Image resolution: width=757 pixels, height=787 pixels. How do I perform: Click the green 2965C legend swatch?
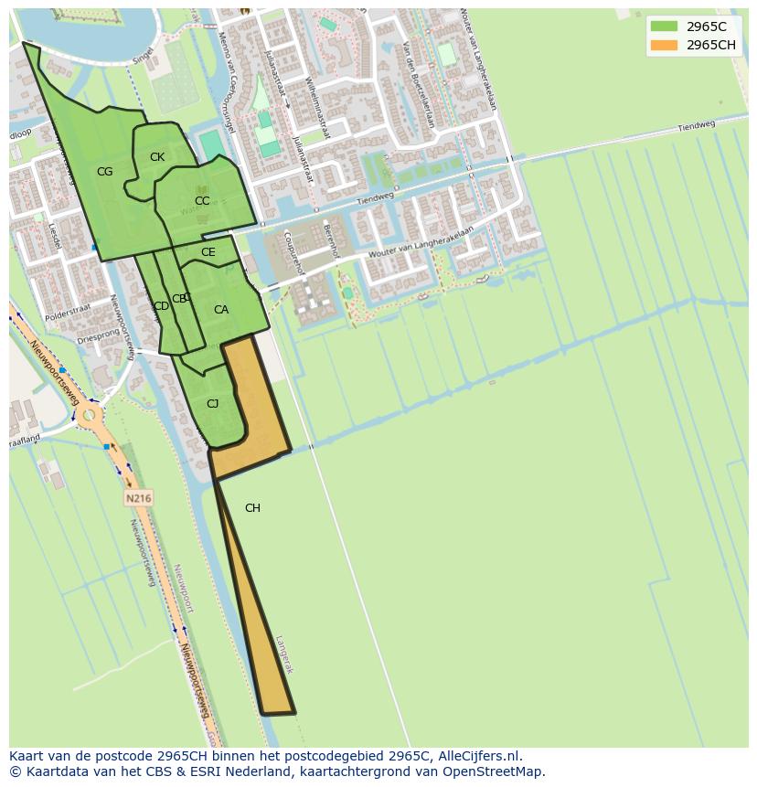tap(664, 27)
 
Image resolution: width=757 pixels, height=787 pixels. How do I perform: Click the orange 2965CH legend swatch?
tap(664, 45)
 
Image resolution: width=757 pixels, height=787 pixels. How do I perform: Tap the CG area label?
tap(105, 172)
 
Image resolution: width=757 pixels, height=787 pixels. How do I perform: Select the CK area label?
tap(157, 157)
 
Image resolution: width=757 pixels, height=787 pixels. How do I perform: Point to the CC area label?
tap(202, 201)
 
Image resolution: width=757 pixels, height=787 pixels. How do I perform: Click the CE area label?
tap(208, 252)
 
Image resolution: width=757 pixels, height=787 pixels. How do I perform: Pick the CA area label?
tap(221, 310)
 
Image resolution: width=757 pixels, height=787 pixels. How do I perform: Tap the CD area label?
tap(161, 306)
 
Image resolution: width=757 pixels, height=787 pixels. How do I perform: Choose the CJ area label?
tap(212, 404)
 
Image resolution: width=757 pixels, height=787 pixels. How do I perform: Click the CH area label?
tap(252, 508)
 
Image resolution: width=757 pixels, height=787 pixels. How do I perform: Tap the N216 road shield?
tap(138, 498)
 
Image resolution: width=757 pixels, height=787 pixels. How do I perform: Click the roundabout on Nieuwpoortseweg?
tap(89, 417)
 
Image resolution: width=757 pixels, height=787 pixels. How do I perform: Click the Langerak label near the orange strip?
tap(284, 654)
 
